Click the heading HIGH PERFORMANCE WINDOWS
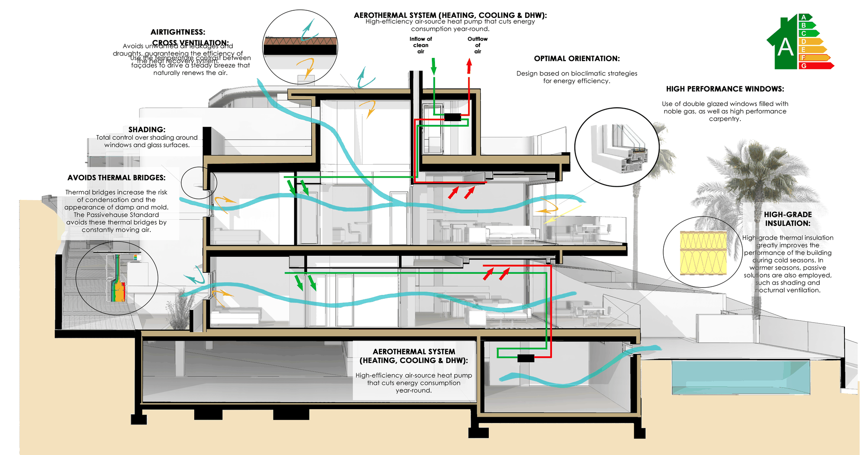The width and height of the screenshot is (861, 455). click(x=725, y=89)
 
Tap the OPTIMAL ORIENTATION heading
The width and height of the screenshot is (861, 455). click(x=577, y=58)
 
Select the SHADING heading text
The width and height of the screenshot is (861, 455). click(x=147, y=129)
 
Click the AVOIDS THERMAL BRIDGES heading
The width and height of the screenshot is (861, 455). click(x=117, y=178)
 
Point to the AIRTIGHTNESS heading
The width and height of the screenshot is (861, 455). click(x=178, y=32)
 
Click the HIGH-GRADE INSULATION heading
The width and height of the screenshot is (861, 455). click(x=788, y=219)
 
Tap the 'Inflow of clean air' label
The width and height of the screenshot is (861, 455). click(x=421, y=45)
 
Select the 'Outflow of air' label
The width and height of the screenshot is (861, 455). click(x=478, y=45)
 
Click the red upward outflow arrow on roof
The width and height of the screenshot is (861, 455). click(x=469, y=66)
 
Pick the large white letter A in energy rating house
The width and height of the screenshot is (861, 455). click(x=786, y=47)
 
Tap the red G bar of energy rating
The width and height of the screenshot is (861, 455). click(x=815, y=66)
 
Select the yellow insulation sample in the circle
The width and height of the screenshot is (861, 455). click(x=703, y=253)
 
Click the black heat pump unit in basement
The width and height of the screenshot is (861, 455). click(x=526, y=358)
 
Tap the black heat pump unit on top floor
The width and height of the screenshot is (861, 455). click(x=452, y=117)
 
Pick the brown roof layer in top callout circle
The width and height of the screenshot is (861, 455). click(x=300, y=41)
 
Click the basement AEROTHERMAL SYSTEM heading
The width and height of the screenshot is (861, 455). click(x=413, y=356)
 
